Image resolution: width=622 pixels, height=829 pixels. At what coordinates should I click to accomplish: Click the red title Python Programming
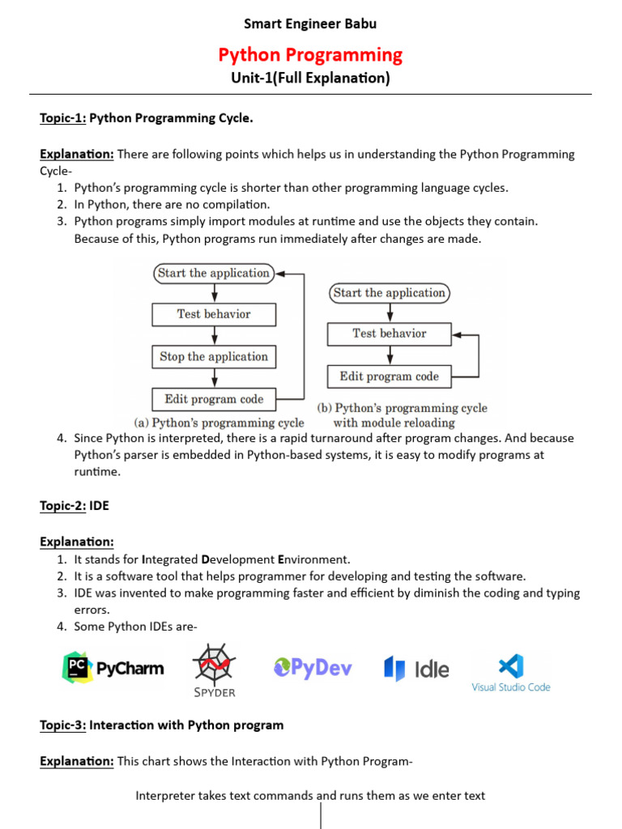tap(310, 55)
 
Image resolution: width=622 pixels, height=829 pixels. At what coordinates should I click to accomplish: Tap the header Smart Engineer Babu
tap(310, 23)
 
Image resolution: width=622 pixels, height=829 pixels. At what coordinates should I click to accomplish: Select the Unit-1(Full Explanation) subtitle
tap(310, 79)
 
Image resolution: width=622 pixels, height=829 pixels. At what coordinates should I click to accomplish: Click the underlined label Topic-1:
tap(62, 119)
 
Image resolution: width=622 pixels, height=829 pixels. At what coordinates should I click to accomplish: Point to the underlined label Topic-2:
tap(62, 506)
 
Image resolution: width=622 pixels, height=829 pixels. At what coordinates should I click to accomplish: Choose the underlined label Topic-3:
tap(62, 725)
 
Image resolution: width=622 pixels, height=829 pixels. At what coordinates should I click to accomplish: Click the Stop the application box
tap(214, 357)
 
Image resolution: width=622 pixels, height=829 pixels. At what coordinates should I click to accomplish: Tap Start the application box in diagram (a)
tap(214, 274)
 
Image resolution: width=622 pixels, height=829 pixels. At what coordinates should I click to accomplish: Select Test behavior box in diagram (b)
tap(389, 334)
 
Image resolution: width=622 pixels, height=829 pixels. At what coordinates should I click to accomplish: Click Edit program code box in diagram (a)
tap(214, 399)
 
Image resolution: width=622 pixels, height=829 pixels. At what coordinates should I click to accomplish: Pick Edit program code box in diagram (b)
tap(389, 376)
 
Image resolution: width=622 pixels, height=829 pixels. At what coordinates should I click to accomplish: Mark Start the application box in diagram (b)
tap(389, 293)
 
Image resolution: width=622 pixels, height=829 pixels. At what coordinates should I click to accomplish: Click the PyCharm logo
tap(113, 668)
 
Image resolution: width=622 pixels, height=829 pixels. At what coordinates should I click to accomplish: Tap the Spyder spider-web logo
tap(214, 668)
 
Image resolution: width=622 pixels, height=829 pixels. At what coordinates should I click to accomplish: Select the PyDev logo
tap(313, 668)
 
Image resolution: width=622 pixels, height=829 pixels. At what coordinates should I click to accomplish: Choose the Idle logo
tap(416, 669)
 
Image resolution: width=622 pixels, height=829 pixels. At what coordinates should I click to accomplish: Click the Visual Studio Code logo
tap(510, 673)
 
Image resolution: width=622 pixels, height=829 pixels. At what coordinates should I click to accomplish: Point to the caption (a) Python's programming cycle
tap(219, 423)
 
